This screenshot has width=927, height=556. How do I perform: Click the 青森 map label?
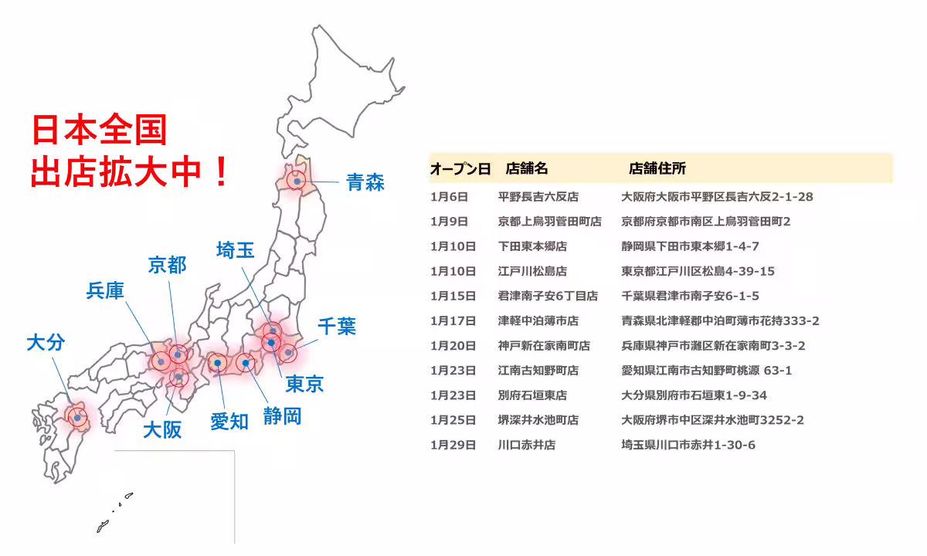[x=365, y=182]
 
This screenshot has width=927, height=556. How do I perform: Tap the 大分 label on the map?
[x=46, y=343]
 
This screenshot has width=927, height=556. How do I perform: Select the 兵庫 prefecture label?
[x=105, y=291]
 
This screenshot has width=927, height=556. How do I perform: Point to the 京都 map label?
[x=167, y=266]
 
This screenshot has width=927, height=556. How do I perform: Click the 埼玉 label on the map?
[x=235, y=250]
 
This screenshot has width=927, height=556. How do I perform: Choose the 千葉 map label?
[x=337, y=326]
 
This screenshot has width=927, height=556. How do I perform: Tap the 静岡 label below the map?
[x=282, y=416]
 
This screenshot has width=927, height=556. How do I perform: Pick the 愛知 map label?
[x=229, y=421]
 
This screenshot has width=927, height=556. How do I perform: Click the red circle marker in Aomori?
[x=297, y=180]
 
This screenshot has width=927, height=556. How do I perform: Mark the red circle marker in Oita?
[x=77, y=417]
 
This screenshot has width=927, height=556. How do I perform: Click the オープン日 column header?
[x=460, y=168]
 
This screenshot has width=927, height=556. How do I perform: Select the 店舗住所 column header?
[x=657, y=168]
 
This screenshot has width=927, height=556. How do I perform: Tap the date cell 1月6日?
[x=449, y=197]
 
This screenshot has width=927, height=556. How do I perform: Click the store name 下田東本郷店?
[x=532, y=246]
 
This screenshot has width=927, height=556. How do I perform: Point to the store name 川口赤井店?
[x=527, y=445]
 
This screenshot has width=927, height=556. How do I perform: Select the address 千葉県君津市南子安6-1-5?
[x=690, y=296]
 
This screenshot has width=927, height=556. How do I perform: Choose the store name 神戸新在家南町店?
[x=544, y=345]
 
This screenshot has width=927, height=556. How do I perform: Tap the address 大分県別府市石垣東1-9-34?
[x=694, y=395]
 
